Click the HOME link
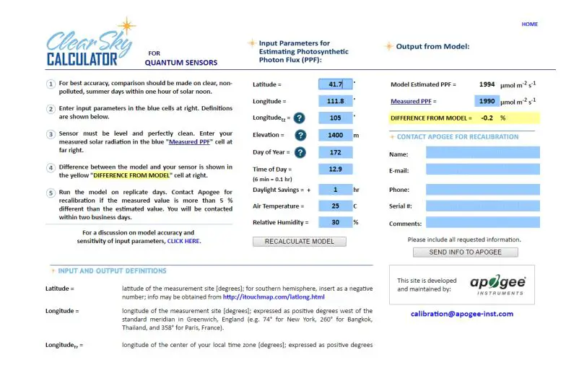[x=529, y=25]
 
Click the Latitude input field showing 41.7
[x=335, y=84]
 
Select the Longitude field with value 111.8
[x=335, y=101]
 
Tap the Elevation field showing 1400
[x=335, y=135]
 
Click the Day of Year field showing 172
[x=335, y=152]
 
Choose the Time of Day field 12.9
[x=335, y=169]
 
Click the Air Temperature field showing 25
[x=335, y=206]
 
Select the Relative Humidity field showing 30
[x=335, y=222]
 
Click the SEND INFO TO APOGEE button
[x=466, y=252]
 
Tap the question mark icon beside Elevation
[x=300, y=135]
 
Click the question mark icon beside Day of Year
[x=300, y=152]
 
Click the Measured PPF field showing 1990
[x=487, y=102]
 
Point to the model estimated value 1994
[x=487, y=84]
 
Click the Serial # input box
[x=482, y=206]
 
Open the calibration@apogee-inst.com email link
[x=462, y=314]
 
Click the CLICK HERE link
[x=183, y=241]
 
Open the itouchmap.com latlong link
[x=274, y=296]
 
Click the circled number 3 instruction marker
[x=51, y=134]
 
